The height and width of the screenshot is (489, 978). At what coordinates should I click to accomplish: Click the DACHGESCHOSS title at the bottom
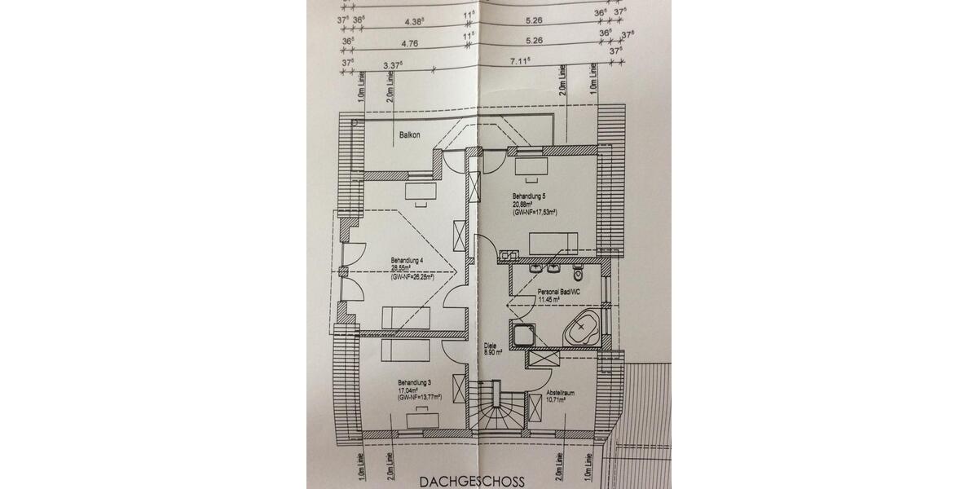[473, 482]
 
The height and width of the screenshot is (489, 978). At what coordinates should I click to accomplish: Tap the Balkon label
[409, 135]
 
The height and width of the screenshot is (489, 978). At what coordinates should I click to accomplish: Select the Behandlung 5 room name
[534, 197]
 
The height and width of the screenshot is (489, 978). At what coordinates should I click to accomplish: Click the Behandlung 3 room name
[415, 382]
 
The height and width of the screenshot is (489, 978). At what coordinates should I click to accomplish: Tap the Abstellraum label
[560, 393]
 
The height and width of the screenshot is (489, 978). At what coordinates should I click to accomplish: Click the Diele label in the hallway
[491, 346]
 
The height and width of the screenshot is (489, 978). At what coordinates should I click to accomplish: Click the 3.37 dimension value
[394, 61]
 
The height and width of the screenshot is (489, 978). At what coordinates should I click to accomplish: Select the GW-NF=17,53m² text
[535, 212]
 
